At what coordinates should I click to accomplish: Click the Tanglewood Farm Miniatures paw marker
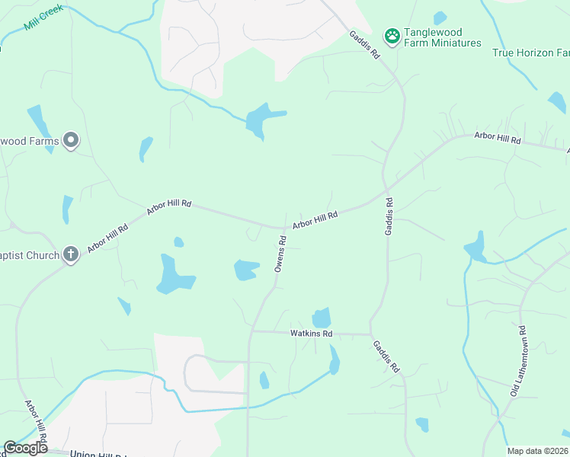[x=392, y=36]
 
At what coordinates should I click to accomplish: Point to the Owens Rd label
[x=280, y=254]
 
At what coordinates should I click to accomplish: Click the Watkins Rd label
[x=311, y=334]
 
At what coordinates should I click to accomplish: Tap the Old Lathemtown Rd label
[x=519, y=361]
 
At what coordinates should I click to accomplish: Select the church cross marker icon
[x=71, y=254]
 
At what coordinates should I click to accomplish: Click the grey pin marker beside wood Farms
[x=71, y=140]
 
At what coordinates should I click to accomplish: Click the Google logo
[x=25, y=448]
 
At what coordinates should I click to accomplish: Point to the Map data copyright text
[x=538, y=451]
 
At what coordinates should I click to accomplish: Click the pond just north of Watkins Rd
[x=322, y=318]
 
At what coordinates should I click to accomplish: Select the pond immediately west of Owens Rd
[x=245, y=270]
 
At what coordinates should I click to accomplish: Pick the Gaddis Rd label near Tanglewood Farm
[x=364, y=45]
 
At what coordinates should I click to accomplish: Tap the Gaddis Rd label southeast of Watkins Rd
[x=386, y=356]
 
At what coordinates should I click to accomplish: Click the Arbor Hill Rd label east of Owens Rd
[x=315, y=220]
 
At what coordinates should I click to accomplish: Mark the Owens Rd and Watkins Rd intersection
[x=251, y=331]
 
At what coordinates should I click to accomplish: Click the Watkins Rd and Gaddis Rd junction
[x=371, y=334]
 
